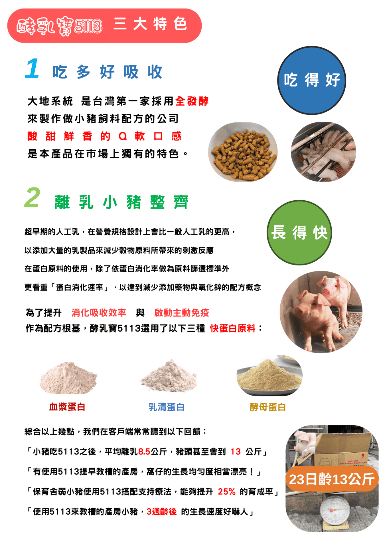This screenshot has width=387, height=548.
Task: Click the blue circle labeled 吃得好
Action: [311, 80]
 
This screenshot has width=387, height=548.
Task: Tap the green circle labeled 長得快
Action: [299, 233]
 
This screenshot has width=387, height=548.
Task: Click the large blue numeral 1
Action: [32, 68]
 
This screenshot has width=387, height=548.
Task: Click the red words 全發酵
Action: [192, 101]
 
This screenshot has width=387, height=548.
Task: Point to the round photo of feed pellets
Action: [243, 152]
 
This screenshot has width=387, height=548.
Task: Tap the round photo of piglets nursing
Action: [323, 152]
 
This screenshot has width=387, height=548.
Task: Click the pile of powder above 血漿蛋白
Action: [68, 378]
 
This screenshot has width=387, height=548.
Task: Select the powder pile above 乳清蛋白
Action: [169, 376]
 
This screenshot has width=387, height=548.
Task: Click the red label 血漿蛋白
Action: [67, 407]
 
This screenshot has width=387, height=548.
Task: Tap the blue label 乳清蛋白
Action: [167, 407]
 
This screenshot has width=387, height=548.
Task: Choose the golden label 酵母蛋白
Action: [268, 407]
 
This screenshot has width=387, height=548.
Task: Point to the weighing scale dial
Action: [335, 510]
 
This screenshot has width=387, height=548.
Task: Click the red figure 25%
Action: [227, 491]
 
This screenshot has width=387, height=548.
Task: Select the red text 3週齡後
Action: [162, 511]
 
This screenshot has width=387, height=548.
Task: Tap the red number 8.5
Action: [144, 452]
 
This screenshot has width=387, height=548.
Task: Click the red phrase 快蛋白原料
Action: [233, 328]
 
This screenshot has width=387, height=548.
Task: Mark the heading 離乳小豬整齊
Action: [121, 202]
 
